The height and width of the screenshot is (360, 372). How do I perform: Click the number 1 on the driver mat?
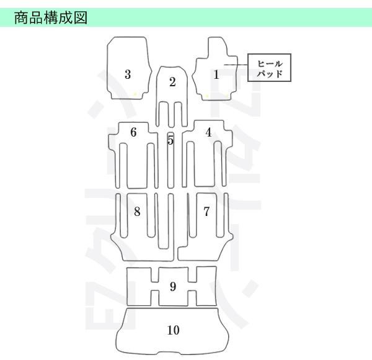(216, 75)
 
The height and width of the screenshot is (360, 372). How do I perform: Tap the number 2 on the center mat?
(172, 82)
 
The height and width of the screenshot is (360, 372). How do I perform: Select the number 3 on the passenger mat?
(128, 75)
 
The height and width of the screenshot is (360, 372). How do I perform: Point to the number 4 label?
(208, 132)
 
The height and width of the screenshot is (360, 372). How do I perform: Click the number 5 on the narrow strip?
(170, 141)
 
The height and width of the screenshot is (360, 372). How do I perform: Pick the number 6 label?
(133, 132)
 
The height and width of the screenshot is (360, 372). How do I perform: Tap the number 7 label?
(206, 212)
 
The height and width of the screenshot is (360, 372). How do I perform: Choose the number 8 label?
(137, 212)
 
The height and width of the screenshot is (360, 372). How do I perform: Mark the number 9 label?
(172, 287)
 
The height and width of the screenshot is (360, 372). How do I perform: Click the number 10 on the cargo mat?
(173, 330)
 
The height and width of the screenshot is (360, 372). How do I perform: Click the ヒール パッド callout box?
(270, 68)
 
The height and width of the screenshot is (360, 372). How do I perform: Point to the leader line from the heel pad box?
(236, 65)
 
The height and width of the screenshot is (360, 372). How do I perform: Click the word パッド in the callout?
(270, 73)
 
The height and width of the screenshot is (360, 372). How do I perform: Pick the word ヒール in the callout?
(270, 63)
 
